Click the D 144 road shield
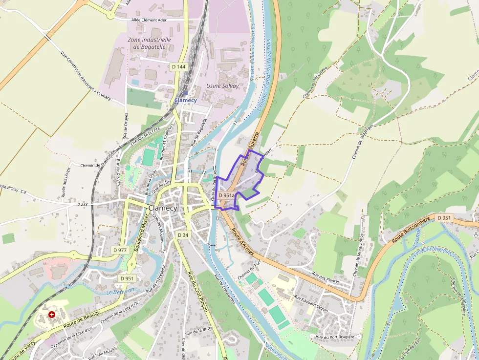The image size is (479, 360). [179, 66]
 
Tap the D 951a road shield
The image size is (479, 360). [227, 195]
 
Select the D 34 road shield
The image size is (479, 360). [183, 235]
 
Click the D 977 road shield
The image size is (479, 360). [120, 250]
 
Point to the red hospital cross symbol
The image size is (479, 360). [52, 315]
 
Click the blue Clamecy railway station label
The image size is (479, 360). [186, 100]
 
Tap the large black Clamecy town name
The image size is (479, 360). [162, 208]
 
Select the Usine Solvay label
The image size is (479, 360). [222, 86]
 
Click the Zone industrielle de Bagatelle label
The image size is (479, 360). [149, 43]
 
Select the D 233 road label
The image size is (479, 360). [82, 204]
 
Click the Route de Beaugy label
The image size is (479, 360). [82, 319]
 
